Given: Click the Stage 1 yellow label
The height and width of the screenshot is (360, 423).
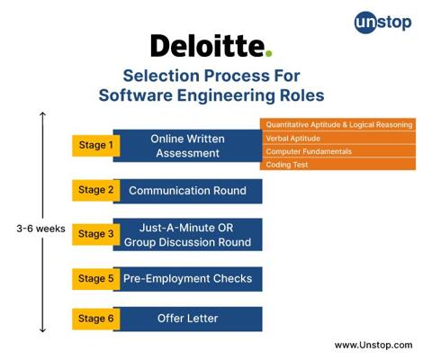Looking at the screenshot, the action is click(96, 146).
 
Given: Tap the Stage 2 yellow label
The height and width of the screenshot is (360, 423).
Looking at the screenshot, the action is click(96, 190).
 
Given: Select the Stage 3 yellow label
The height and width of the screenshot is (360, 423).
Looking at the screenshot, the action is click(96, 234).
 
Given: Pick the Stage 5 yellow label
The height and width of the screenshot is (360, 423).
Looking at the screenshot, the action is click(96, 279).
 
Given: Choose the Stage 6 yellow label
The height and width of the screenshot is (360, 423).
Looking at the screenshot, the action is click(96, 319).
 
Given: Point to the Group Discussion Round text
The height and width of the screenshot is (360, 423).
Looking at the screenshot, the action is click(187, 242).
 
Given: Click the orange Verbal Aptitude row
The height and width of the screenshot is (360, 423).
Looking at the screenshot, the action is click(337, 139).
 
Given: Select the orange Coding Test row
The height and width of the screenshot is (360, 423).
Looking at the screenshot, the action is click(337, 165).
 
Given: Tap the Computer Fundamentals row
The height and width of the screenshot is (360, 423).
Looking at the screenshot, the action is click(337, 151).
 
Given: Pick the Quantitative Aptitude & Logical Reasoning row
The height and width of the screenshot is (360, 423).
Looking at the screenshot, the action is click(337, 125).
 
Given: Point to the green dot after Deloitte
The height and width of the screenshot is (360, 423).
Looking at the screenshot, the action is click(269, 53).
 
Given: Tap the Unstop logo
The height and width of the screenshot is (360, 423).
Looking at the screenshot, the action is click(382, 22).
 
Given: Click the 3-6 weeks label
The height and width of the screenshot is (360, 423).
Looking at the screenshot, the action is click(41, 229).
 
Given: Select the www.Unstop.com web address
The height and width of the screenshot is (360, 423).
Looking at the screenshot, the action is click(373, 345).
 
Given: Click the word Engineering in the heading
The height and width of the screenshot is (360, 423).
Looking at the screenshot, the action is click(226, 96).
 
